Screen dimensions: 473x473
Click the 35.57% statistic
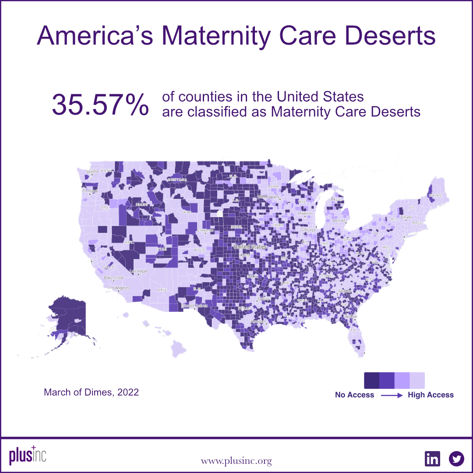pyautogui.click(x=100, y=105)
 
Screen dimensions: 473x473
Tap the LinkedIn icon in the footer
pyautogui.click(x=432, y=459)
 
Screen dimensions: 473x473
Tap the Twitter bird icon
pyautogui.click(x=456, y=459)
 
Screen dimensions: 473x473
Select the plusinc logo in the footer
pyautogui.click(x=27, y=457)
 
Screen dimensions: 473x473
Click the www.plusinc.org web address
pyautogui.click(x=236, y=461)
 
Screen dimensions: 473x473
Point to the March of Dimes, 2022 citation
pyautogui.click(x=91, y=392)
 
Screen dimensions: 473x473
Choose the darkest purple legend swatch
pyautogui.click(x=372, y=379)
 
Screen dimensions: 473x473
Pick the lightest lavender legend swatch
pyautogui.click(x=417, y=379)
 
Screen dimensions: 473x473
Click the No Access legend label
pyautogui.click(x=354, y=395)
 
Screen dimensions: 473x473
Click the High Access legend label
pyautogui.click(x=431, y=395)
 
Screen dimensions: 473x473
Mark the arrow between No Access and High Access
pyautogui.click(x=391, y=395)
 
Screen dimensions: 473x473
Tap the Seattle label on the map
pyautogui.click(x=92, y=171)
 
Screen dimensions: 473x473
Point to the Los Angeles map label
pyautogui.click(x=119, y=288)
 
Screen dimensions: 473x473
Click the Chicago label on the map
pyautogui.click(x=308, y=229)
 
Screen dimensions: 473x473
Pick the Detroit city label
pyautogui.click(x=339, y=220)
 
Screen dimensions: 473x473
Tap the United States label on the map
pyautogui.click(x=250, y=247)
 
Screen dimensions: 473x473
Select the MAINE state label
pyautogui.click(x=436, y=195)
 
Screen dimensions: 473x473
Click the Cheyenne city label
pyautogui.click(x=205, y=230)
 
